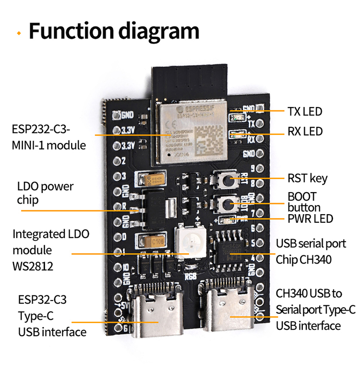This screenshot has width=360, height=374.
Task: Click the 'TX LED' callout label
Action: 304,111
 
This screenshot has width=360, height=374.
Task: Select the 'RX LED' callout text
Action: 305,131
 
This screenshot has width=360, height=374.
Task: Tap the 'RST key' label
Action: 307,179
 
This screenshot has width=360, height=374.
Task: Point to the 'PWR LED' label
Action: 310,219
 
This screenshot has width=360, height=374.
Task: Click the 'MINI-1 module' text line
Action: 49,145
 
